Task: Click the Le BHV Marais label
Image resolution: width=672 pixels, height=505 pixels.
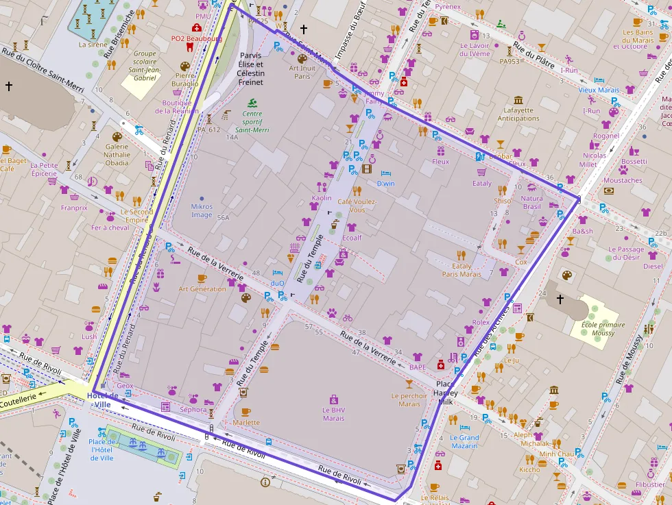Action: [x=333, y=414]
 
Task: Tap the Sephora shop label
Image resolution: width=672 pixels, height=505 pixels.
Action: [x=193, y=410]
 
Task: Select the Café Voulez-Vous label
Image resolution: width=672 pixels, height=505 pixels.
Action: [x=357, y=206]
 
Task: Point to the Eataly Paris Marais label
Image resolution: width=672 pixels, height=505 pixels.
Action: [x=461, y=270]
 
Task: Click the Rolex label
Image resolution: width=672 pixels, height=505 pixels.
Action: [x=481, y=322]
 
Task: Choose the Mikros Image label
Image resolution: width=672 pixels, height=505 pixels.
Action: [x=202, y=210]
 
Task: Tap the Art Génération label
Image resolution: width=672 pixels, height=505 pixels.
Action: [x=202, y=289]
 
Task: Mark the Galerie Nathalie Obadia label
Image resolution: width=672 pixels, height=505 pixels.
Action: [x=117, y=154]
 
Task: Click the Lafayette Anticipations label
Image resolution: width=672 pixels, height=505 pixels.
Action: [x=518, y=114]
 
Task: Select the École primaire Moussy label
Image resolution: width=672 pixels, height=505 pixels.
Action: [x=603, y=329]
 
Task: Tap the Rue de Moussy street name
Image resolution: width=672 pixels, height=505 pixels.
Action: [x=632, y=359]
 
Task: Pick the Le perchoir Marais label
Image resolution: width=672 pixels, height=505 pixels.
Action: [x=409, y=399]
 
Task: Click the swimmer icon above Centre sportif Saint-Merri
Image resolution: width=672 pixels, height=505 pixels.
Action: [x=252, y=103]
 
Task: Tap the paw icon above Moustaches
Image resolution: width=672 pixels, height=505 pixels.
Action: [x=623, y=169]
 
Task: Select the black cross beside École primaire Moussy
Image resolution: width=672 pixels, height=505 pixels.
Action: [x=560, y=299]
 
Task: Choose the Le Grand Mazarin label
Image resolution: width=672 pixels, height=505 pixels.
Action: [x=464, y=441]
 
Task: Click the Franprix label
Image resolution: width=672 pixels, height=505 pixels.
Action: [x=74, y=208]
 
